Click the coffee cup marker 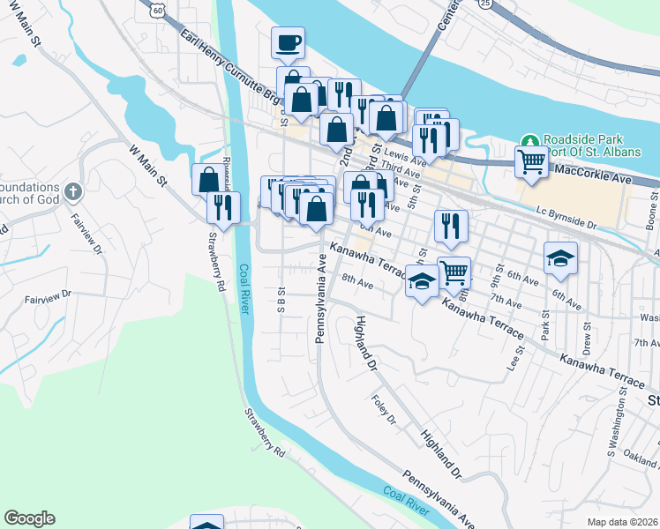pyautogui.click(x=289, y=43)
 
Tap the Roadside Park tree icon pyautogui.click(x=529, y=141)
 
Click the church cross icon pyautogui.click(x=73, y=190)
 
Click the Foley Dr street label pyautogui.click(x=385, y=410)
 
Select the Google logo pyautogui.click(x=29, y=518)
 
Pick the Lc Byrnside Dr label pyautogui.click(x=566, y=219)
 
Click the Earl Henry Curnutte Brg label pyautogui.click(x=230, y=66)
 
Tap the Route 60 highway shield pyautogui.click(x=156, y=9)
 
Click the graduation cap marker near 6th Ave pyautogui.click(x=560, y=257)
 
